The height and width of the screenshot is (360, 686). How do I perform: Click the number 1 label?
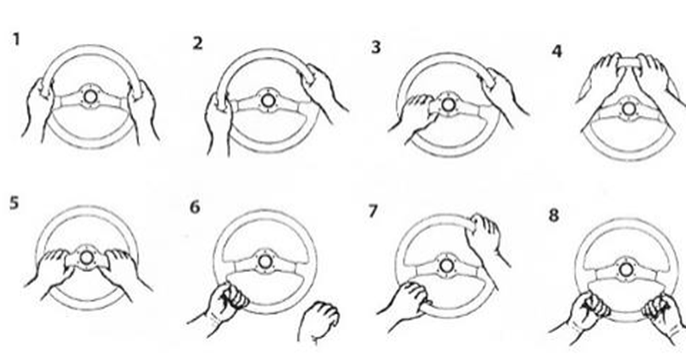coord(16,39)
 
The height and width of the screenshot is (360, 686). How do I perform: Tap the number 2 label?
coord(197,43)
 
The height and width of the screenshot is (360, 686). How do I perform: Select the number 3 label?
coord(376,47)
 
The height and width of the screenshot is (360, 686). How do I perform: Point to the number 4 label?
coord(556,51)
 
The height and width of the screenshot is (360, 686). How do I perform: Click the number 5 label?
coord(14,203)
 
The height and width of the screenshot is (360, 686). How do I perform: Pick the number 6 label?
coord(195,207)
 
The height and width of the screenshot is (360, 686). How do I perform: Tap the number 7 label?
coord(373,211)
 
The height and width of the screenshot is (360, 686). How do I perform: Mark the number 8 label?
coord(553,215)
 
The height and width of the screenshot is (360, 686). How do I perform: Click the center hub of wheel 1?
coord(90,97)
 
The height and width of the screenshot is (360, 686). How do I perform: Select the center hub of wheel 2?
coord(268,101)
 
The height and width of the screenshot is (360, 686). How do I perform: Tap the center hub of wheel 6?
coord(264,262)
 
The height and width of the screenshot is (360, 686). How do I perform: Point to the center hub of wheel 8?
coord(626,269)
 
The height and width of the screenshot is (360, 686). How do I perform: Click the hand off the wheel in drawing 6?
coord(318,322)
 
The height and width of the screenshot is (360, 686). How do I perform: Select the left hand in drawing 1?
coord(38,109)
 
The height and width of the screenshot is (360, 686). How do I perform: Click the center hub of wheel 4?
coord(628,109)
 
